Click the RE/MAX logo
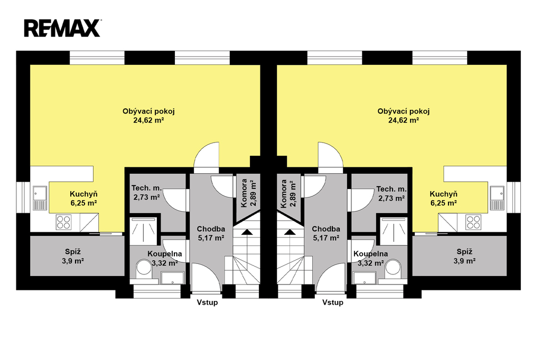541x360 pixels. point(62,28)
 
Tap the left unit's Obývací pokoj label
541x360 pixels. point(148,111)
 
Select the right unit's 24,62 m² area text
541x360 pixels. point(403,120)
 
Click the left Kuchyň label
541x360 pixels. point(83,194)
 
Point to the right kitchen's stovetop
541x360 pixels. point(473,222)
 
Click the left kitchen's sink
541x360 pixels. point(40,198)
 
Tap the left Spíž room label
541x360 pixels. point(73,252)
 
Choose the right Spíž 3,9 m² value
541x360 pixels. point(464,261)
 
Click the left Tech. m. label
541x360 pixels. point(147,188)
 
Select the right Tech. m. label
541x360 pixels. point(391,189)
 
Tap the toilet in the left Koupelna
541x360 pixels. point(145,269)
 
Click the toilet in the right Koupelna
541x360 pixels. point(394,269)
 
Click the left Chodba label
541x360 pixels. point(211,229)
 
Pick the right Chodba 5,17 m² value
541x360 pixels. point(326,238)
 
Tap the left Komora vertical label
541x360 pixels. point(244,193)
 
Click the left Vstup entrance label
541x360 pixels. point(207,302)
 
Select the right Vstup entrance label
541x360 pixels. point(333,302)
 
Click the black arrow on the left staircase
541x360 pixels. point(246,232)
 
